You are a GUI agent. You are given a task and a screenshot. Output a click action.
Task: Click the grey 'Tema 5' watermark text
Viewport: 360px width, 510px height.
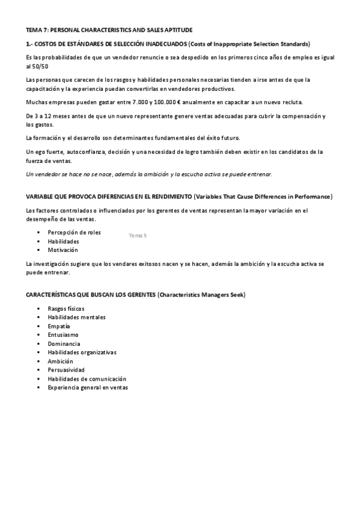click(138, 235)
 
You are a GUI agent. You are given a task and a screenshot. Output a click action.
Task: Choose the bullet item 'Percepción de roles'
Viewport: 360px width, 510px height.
click(74, 232)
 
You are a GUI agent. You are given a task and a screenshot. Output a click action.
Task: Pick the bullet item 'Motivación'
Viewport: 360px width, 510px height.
click(63, 250)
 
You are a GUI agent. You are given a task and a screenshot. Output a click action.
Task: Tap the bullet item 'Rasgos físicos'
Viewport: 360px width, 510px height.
click(66, 309)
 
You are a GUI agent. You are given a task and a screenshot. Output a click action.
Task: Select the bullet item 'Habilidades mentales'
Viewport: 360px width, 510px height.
click(76, 317)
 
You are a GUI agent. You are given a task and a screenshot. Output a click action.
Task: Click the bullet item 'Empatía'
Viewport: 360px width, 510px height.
click(59, 326)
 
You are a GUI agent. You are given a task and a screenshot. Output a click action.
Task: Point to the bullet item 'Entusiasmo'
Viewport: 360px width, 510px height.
click(63, 334)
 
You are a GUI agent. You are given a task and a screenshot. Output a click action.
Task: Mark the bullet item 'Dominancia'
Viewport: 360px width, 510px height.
click(64, 343)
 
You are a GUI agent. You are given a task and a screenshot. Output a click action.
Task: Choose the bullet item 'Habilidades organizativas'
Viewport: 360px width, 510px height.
click(82, 352)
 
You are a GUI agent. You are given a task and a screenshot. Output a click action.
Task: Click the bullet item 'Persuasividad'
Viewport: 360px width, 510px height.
click(66, 370)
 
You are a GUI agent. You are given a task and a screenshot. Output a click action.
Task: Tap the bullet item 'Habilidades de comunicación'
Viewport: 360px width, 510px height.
click(87, 379)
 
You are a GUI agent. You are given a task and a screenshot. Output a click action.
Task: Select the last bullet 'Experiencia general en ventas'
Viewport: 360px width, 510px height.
click(88, 388)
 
